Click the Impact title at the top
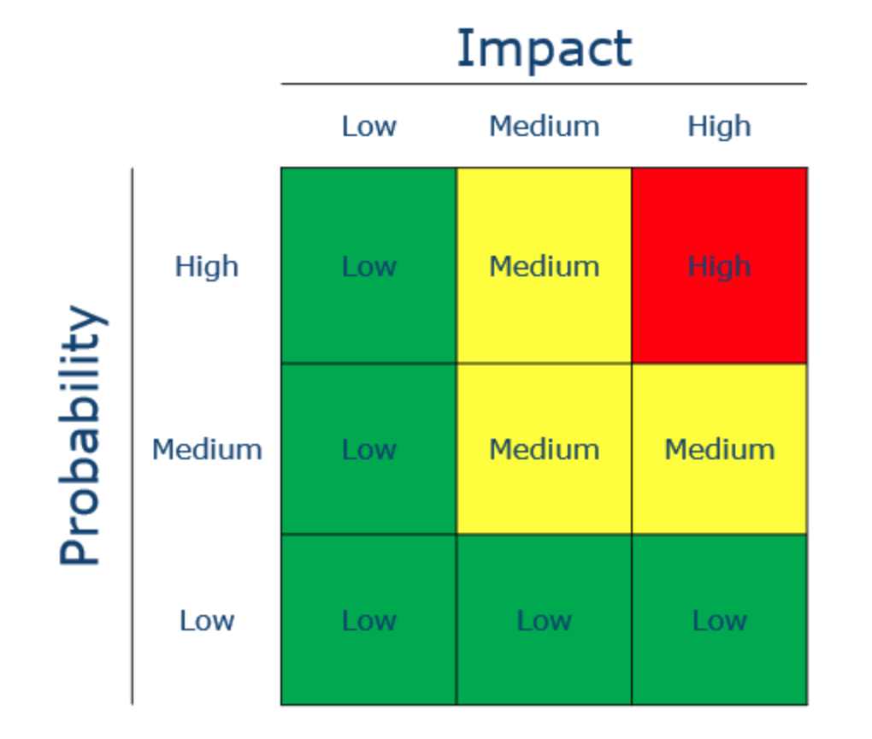544,50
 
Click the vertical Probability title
82,435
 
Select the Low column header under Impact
368,127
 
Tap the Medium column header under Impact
544,127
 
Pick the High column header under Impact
719,127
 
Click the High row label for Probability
206,267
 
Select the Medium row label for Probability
206,449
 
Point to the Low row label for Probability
206,620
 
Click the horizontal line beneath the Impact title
544,84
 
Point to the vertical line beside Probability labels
133,436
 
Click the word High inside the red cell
719,267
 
